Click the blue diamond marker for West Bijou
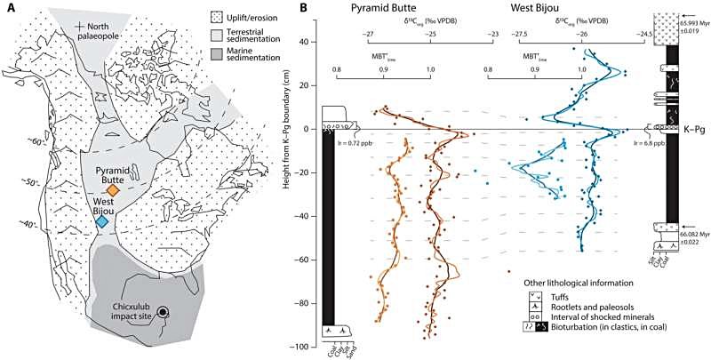coord(102,222)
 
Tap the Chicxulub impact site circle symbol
coord(163,311)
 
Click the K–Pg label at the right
coord(691,129)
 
